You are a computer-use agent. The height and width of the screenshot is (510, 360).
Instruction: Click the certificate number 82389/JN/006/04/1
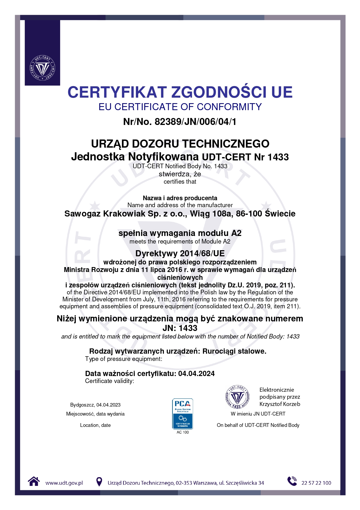point(195,121)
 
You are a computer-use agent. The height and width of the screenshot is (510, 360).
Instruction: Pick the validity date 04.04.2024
point(197,373)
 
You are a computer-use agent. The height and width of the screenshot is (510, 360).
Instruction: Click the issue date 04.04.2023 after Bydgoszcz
point(108,405)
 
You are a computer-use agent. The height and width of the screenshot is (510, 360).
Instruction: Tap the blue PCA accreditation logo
point(183,414)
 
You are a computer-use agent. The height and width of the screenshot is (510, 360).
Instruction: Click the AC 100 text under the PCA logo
point(183,432)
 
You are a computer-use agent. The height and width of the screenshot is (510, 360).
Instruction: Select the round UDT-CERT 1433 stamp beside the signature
point(237,397)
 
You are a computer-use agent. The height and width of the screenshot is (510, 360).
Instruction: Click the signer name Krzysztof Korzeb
point(280,404)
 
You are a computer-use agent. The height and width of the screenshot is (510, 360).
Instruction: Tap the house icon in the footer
point(34,482)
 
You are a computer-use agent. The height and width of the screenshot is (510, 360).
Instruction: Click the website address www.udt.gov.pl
point(64,483)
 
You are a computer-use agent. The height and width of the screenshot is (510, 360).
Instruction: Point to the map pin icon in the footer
point(99,482)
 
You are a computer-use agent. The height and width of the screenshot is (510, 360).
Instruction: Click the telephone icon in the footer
point(292,481)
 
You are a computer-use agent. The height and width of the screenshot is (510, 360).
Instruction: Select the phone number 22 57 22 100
point(316,483)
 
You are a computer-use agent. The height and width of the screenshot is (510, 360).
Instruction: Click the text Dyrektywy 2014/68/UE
point(180,253)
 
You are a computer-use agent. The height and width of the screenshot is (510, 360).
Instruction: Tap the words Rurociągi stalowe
point(234,351)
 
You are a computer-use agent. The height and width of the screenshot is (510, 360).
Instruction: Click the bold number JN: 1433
point(180,328)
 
